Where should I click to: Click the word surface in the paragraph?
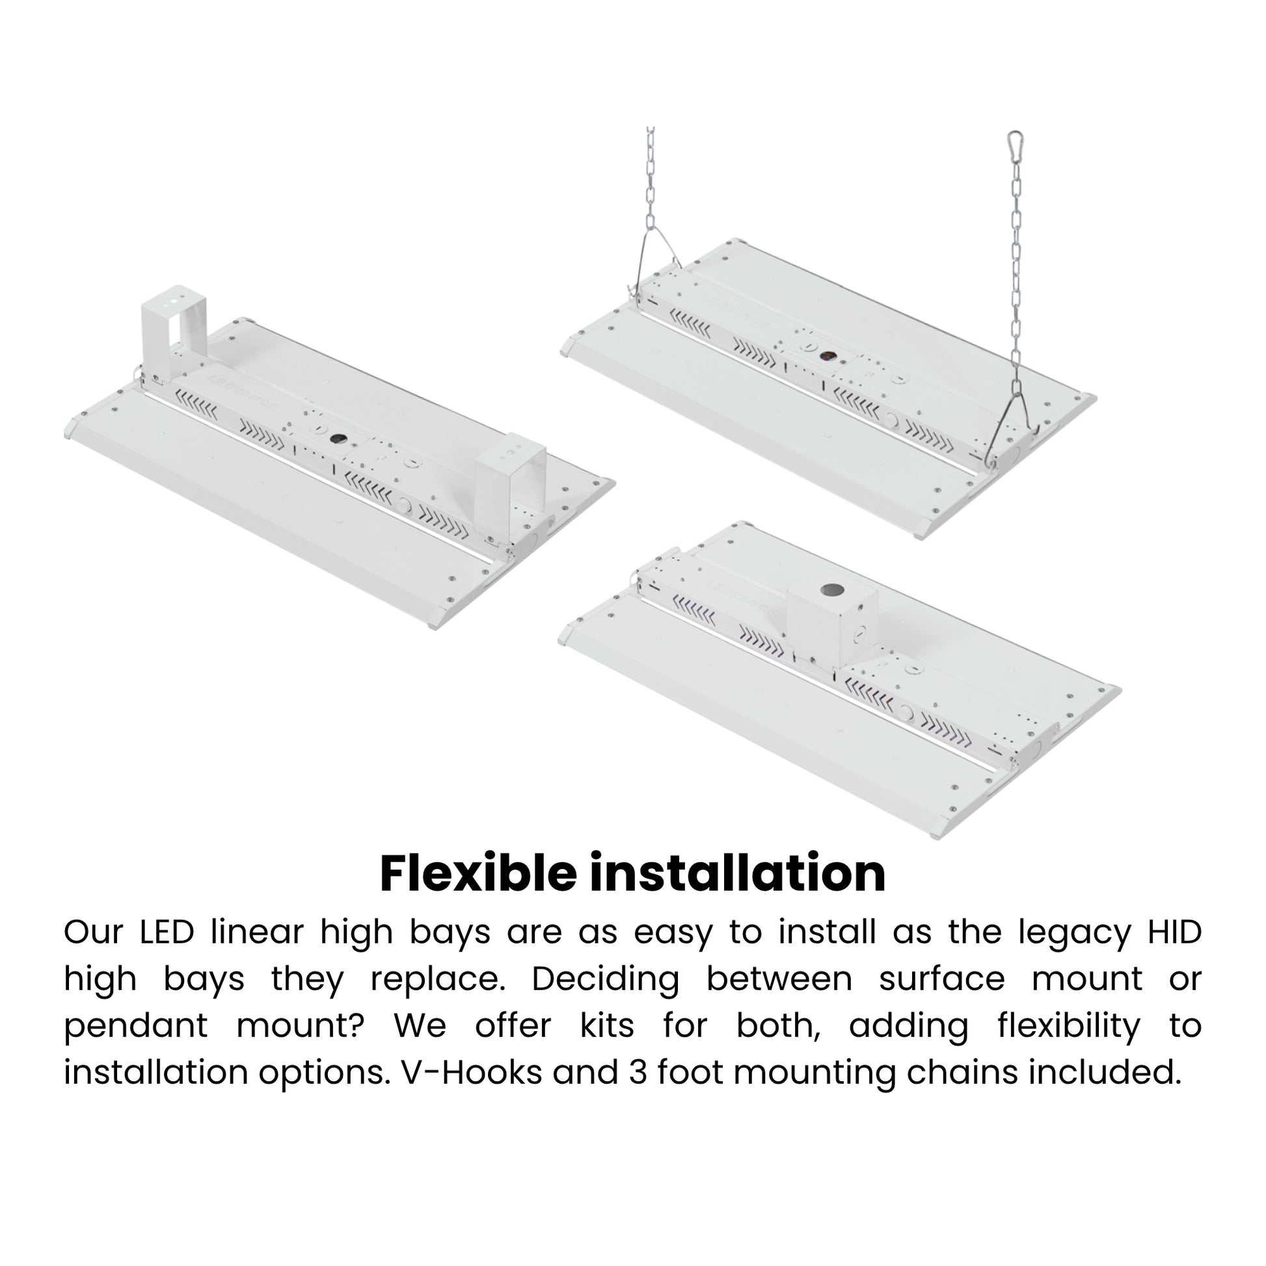point(941,980)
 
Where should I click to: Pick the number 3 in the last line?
point(638,1073)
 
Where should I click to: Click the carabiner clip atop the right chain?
point(1016,146)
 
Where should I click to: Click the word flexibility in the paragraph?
point(1069,1027)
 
